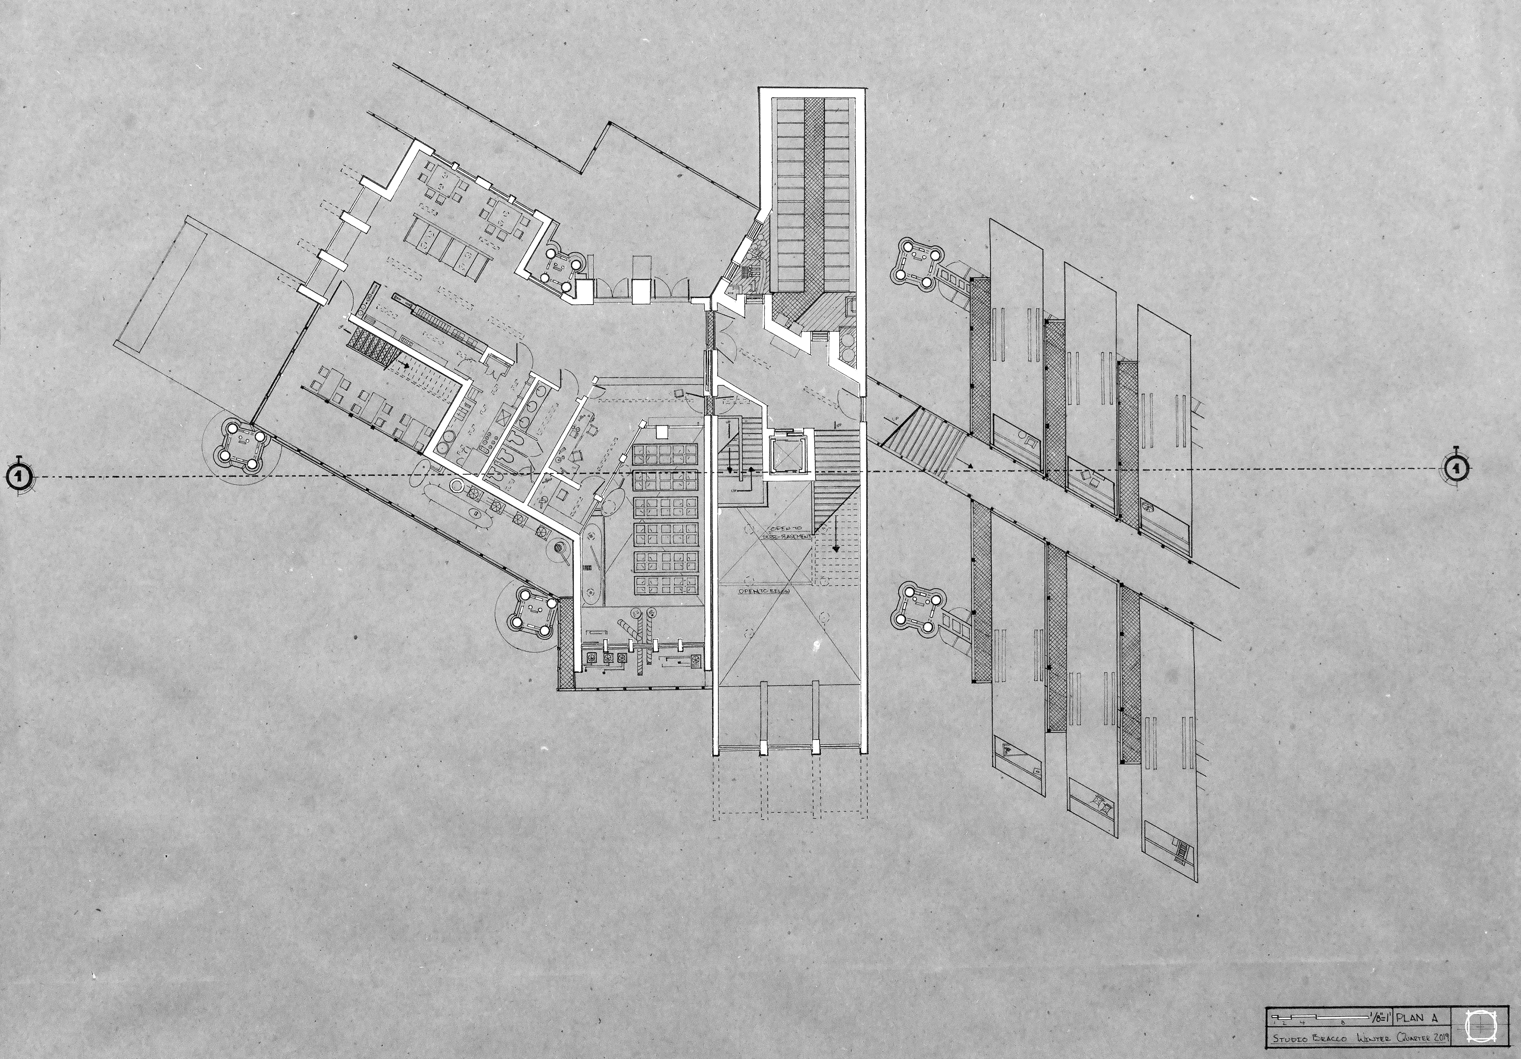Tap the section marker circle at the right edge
tap(1457, 469)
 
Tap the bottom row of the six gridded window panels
tap(667, 586)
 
